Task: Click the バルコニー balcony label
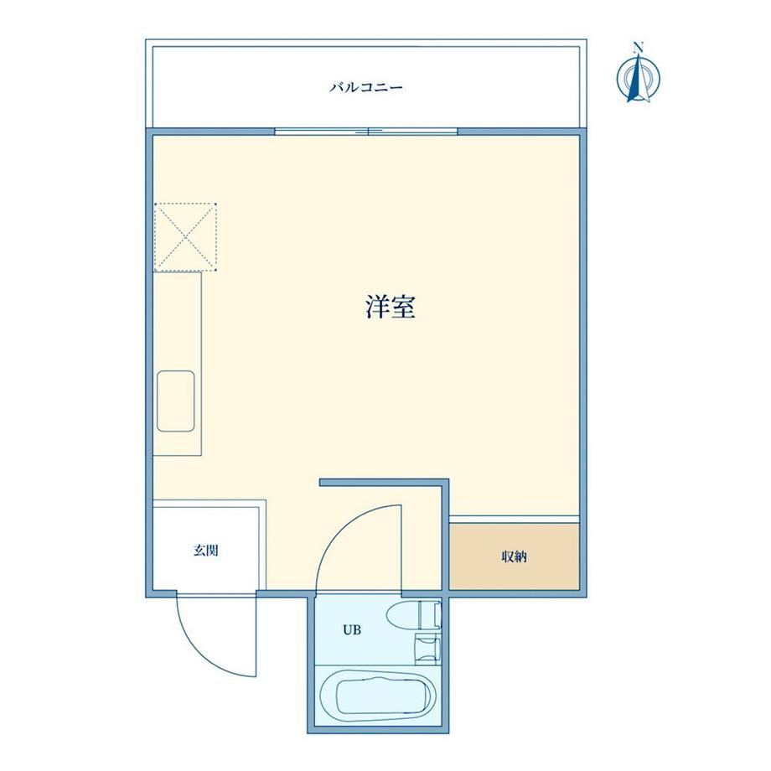pyautogui.click(x=366, y=88)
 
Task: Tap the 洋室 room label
pyautogui.click(x=391, y=307)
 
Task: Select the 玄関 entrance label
pyautogui.click(x=205, y=551)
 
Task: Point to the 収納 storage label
pyautogui.click(x=515, y=556)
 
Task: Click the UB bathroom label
pyautogui.click(x=352, y=629)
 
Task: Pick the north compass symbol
pyautogui.click(x=639, y=78)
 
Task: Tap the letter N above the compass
pyautogui.click(x=639, y=48)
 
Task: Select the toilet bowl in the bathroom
pyautogui.click(x=403, y=615)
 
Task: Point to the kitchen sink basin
pyautogui.click(x=175, y=401)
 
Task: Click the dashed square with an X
pyautogui.click(x=185, y=236)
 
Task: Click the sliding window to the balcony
pyautogui.click(x=366, y=132)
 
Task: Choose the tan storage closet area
pyautogui.click(x=514, y=556)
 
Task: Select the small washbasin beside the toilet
pyautogui.click(x=427, y=649)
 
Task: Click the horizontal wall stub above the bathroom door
pyautogui.click(x=384, y=483)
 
